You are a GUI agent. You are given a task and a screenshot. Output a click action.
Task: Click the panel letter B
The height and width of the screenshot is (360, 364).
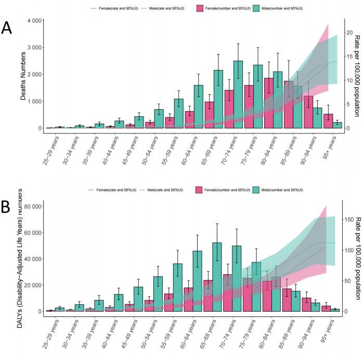point(7,207)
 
